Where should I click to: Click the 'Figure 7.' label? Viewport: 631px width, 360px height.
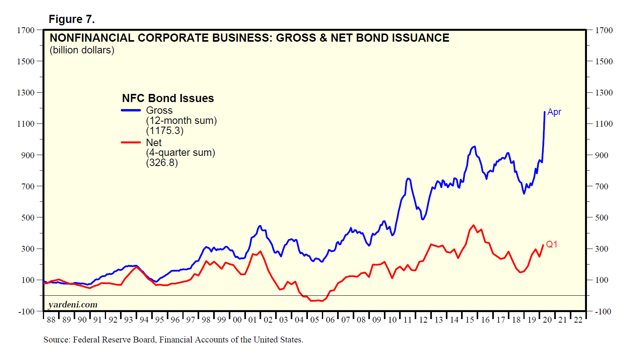click(x=71, y=19)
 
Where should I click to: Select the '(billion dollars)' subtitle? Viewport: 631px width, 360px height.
click(x=82, y=50)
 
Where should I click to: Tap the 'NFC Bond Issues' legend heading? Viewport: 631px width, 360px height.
click(x=168, y=98)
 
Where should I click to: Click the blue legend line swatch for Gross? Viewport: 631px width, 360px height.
click(x=131, y=110)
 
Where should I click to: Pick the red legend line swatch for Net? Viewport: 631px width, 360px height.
click(x=131, y=142)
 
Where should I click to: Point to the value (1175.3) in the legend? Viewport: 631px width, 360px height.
click(x=164, y=131)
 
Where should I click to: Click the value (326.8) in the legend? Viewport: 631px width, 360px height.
click(x=162, y=162)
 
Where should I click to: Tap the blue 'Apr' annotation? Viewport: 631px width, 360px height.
click(x=554, y=112)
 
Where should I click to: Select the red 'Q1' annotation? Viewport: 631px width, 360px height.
click(x=551, y=244)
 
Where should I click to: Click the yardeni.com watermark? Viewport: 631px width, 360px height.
click(x=73, y=305)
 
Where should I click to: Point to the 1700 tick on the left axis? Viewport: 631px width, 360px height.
click(x=26, y=30)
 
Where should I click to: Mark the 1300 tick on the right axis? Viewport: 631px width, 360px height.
click(x=604, y=92)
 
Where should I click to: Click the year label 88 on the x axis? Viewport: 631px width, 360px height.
click(x=51, y=320)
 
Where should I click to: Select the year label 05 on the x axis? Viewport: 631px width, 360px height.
click(x=315, y=320)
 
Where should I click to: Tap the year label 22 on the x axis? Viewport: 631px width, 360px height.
click(x=578, y=320)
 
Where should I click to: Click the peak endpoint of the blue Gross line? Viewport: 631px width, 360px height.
click(x=544, y=112)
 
